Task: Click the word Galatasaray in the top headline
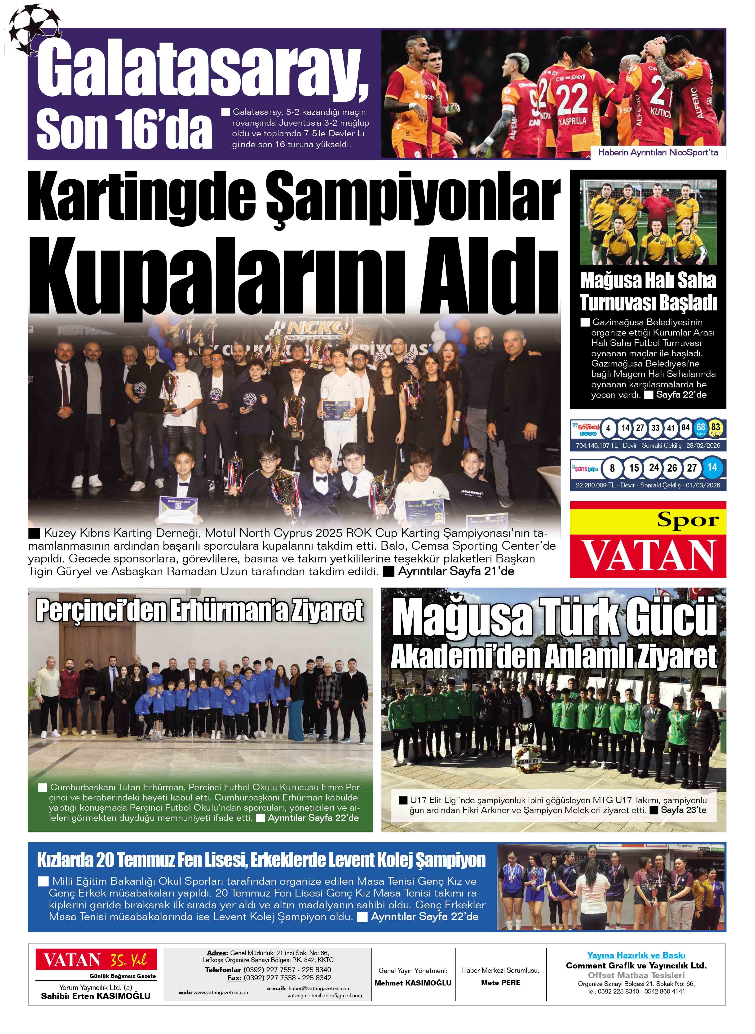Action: pyautogui.click(x=201, y=69)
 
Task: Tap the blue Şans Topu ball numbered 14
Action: pyautogui.click(x=711, y=467)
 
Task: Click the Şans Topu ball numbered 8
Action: pyautogui.click(x=612, y=468)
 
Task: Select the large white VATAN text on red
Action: pyautogui.click(x=648, y=555)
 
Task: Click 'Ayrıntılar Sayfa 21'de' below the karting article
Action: pyautogui.click(x=456, y=571)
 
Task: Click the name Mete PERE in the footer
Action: pyautogui.click(x=500, y=982)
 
